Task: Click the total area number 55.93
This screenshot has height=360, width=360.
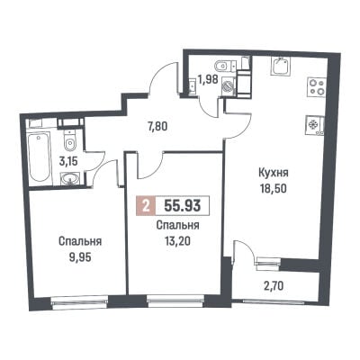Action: (183, 206)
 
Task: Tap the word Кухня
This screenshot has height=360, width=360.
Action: (274, 173)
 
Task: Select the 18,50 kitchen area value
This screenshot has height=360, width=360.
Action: (274, 189)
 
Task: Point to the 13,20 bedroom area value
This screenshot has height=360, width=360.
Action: (177, 241)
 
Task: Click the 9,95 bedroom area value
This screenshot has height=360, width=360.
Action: (79, 256)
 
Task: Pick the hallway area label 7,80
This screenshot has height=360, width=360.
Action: (157, 126)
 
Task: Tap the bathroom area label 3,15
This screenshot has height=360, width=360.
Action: (69, 162)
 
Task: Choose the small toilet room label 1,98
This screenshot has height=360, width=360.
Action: (207, 81)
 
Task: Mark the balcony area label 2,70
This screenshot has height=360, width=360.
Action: (274, 287)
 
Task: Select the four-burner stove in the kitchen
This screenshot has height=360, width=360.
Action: (317, 86)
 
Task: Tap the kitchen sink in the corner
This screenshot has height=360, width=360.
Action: (281, 67)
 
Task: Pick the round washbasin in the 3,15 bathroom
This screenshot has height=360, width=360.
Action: (70, 179)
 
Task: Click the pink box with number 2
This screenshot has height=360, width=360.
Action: (146, 206)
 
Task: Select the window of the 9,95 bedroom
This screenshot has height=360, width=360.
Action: (79, 302)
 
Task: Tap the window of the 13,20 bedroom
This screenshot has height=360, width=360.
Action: (175, 301)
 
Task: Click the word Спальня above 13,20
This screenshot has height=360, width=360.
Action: (178, 225)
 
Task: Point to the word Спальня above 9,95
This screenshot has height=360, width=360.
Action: (80, 241)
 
